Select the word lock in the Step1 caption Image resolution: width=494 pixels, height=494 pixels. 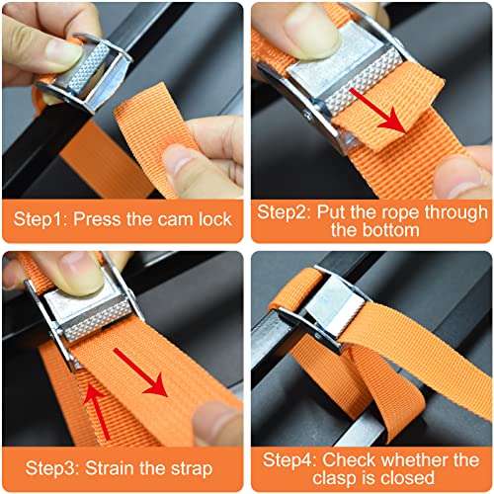coord(215,219)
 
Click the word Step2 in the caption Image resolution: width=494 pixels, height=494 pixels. coord(284,212)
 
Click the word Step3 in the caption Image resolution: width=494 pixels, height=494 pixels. coord(52,468)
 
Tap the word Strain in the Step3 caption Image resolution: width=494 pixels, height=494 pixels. coord(110,467)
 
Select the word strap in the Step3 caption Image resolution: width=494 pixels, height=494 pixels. coord(192,469)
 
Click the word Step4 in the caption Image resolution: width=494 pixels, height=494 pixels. coord(289,460)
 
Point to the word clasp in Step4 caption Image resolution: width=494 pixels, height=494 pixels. coord(332,478)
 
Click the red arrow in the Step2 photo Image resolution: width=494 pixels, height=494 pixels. coord(378,111)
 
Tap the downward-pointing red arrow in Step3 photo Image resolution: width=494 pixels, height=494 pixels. coord(140,373)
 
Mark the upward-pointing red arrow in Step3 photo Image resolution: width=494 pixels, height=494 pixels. coord(98,412)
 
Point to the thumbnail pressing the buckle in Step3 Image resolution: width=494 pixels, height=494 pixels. coord(82,272)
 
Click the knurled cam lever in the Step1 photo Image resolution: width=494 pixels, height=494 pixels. coord(89,68)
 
